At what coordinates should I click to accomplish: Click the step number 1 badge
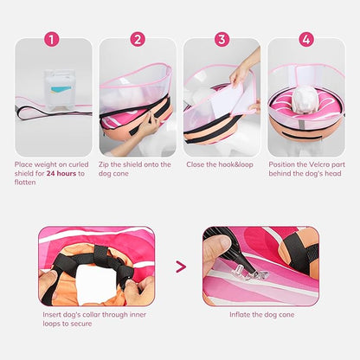tap(52, 40)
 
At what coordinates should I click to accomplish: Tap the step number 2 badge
tap(138, 40)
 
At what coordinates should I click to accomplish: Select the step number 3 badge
tap(222, 40)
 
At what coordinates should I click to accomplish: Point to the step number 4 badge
tap(305, 40)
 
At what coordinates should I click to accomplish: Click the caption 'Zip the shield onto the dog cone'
tap(136, 169)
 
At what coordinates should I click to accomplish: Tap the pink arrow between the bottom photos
tap(180, 267)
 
